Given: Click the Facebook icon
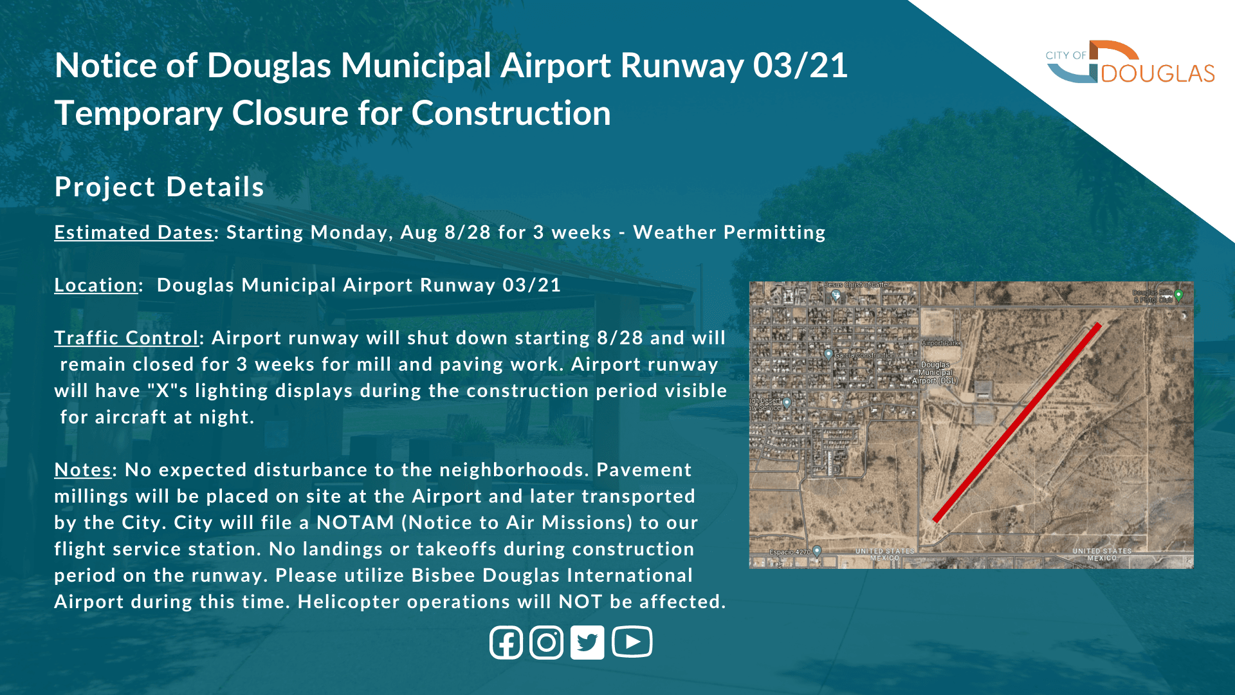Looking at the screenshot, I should [506, 642].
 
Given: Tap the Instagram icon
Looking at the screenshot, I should [547, 642].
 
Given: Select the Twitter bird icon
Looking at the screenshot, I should [587, 642].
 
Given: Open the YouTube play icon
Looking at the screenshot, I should [632, 642].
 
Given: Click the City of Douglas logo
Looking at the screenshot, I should [1130, 62].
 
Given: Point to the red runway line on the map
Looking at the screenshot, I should [1016, 423].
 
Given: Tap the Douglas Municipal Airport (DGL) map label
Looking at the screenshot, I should [935, 373].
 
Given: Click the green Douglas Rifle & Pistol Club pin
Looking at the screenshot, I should [1178, 295].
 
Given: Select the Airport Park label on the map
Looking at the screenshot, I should [940, 343].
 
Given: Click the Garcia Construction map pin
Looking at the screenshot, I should [828, 354].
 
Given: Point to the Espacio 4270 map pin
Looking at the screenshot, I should [817, 551].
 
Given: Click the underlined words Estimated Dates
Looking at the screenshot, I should [133, 232].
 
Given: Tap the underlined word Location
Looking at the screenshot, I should [95, 285].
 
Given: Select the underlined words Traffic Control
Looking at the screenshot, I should [126, 338].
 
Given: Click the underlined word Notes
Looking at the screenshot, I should [82, 470].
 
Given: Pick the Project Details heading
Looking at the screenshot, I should [159, 187].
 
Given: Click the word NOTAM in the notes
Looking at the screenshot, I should [355, 523].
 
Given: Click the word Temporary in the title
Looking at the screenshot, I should [138, 113].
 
